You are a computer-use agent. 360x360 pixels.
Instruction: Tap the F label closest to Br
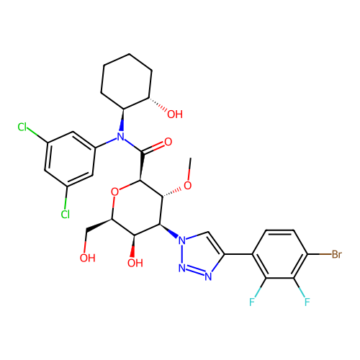click(x=307, y=302)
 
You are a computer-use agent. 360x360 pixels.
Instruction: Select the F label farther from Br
click(x=253, y=302)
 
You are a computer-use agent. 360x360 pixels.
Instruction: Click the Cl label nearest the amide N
click(x=22, y=127)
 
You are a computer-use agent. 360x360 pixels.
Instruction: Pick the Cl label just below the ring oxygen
click(x=66, y=215)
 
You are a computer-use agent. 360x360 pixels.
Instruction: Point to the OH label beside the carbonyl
click(x=174, y=114)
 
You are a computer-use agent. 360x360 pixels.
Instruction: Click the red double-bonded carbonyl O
click(x=168, y=143)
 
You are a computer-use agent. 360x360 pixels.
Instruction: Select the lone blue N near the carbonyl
click(x=120, y=137)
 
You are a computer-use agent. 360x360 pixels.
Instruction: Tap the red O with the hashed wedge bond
click(x=187, y=186)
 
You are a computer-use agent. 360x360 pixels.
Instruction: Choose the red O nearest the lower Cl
click(x=114, y=192)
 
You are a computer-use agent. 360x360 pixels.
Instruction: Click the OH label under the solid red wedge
click(x=135, y=264)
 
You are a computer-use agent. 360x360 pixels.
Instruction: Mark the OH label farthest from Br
click(x=87, y=258)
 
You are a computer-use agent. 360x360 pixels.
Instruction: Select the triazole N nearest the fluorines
click(x=209, y=276)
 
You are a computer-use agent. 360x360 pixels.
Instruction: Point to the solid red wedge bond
click(x=132, y=251)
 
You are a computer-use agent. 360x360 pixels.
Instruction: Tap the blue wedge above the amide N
click(x=122, y=126)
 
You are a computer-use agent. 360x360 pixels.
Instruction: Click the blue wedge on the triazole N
click(x=174, y=235)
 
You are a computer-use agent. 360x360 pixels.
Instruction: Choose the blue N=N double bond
click(x=195, y=271)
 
